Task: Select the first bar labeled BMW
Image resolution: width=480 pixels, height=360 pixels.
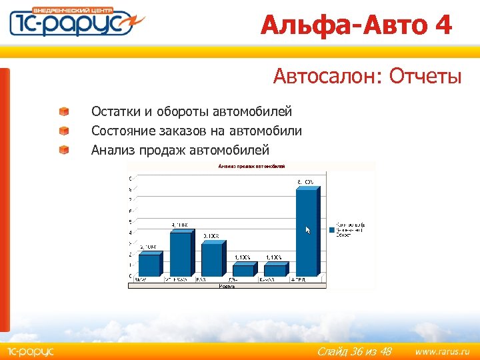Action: [149, 265]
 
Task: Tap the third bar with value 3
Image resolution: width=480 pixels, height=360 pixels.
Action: [212, 259]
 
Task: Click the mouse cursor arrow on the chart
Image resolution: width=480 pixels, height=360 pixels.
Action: [308, 230]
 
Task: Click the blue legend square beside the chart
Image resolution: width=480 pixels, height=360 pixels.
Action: [331, 229]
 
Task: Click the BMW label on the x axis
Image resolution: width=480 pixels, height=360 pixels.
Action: [141, 280]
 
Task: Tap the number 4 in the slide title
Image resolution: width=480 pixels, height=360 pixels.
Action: [443, 25]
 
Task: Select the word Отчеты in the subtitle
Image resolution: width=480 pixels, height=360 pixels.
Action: [425, 77]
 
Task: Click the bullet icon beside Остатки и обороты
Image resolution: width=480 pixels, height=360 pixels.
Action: [63, 112]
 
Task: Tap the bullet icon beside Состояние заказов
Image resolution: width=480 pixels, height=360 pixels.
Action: [63, 131]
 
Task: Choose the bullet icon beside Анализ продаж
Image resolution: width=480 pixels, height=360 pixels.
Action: [63, 150]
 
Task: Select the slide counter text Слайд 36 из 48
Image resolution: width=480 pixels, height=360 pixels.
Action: [354, 351]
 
